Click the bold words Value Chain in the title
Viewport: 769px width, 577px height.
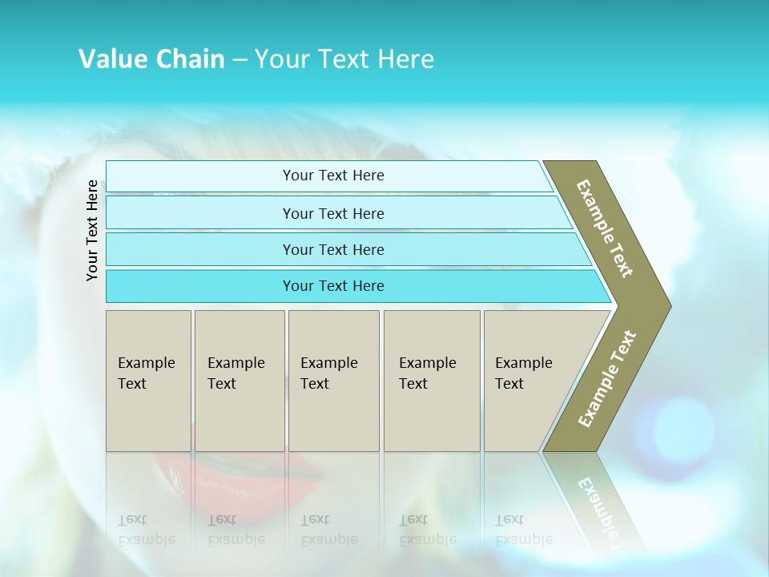151,59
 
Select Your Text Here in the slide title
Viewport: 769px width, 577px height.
344,59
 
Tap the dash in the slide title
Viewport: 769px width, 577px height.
240,60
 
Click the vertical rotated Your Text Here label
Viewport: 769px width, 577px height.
92,230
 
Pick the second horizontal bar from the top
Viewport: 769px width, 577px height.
332,213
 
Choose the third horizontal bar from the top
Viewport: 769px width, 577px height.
332,249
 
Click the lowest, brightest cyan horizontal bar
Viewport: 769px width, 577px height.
332,286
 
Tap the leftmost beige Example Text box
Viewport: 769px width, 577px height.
148,380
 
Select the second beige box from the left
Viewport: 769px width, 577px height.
239,380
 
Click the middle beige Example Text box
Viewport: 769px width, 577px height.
333,380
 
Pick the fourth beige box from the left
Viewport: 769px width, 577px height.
431,380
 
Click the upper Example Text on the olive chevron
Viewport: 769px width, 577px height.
605,228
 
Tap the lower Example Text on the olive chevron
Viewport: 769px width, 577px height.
607,379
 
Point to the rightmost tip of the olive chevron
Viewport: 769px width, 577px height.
669,305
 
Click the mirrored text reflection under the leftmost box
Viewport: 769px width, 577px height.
147,530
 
